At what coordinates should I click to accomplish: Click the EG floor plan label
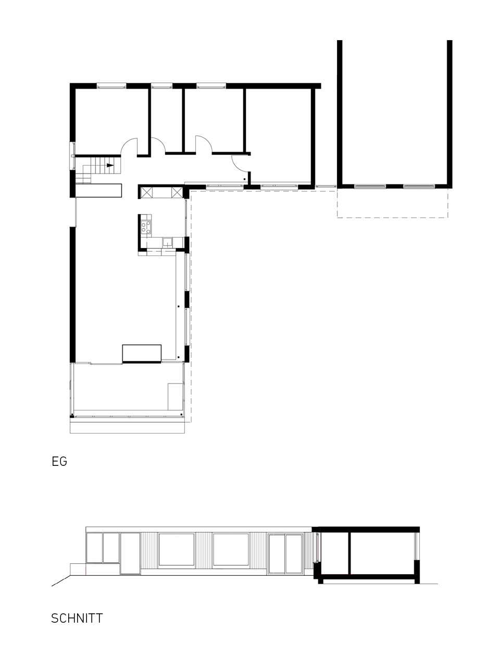[59, 461]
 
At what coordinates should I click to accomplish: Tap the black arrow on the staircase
[110, 165]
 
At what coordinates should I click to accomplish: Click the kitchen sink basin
[167, 242]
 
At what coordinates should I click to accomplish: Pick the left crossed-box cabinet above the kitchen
[146, 193]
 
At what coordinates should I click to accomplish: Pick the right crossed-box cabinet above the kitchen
[177, 193]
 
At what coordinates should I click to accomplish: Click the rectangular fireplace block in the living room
[142, 353]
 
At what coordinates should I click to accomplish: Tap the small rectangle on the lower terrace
[176, 397]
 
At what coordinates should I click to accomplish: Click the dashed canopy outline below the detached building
[393, 217]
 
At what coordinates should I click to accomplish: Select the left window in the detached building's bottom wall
[370, 186]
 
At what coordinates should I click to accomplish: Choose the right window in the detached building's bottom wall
[419, 186]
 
